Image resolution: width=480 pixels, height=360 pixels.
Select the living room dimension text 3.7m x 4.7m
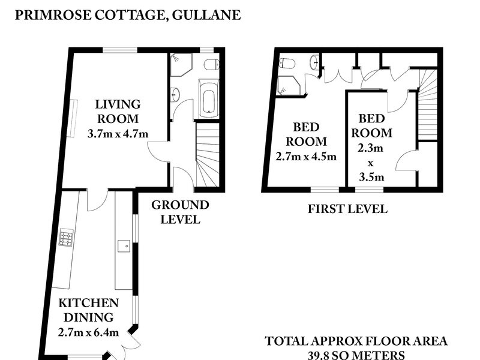118,134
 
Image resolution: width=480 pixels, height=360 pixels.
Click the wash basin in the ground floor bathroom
175,95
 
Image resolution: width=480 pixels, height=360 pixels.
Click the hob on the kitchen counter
66,238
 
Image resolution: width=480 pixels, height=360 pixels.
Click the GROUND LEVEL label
180,212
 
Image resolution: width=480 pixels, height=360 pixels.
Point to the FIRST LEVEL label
347,209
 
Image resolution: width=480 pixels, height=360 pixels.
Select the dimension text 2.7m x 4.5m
306,157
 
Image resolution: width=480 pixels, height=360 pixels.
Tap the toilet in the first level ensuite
286,62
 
